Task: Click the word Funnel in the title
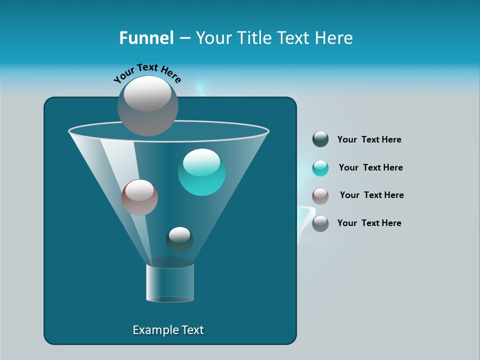point(146,38)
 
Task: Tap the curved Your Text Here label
point(147,72)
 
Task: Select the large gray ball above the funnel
point(148,106)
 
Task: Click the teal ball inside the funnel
point(202,172)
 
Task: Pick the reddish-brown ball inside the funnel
point(139,197)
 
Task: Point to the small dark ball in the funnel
point(179,240)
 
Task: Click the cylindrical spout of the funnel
point(170,282)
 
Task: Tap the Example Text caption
point(168,330)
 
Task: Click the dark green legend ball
point(320,139)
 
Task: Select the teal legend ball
point(320,168)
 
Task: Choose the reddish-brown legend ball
point(320,195)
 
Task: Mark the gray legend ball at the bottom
point(320,223)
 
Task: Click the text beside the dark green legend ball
point(369,140)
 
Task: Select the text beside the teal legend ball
point(370,168)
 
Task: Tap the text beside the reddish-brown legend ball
point(371,195)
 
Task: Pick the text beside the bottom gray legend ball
point(369,223)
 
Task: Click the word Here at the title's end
point(335,38)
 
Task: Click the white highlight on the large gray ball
point(147,94)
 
